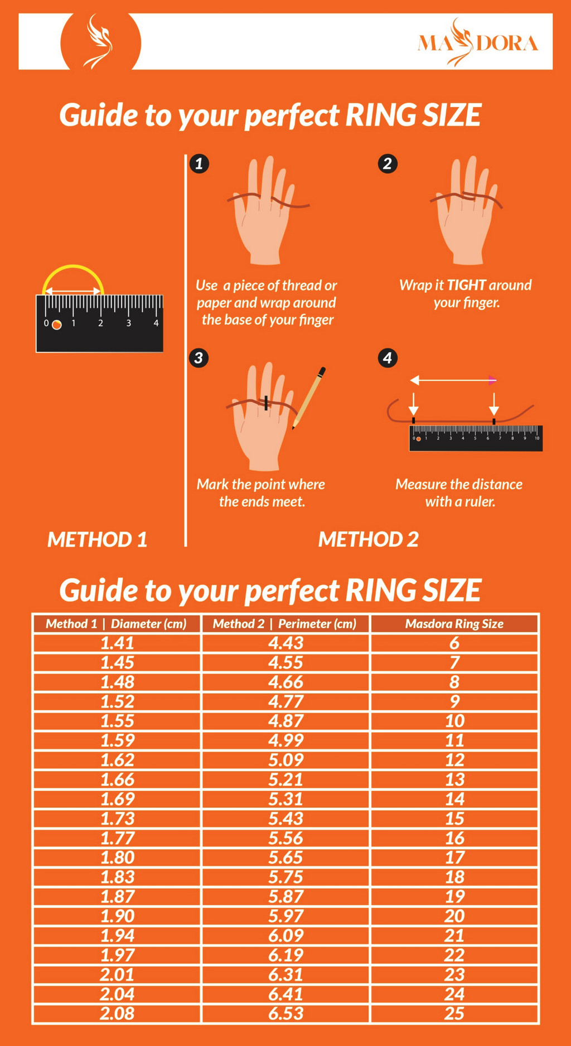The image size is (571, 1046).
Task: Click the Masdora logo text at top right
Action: point(478,42)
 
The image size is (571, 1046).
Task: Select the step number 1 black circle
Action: point(199,164)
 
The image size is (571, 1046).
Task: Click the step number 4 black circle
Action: point(388,357)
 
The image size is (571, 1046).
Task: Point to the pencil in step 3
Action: point(308,398)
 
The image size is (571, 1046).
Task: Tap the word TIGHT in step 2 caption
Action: point(467,285)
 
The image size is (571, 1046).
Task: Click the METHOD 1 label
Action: point(97,539)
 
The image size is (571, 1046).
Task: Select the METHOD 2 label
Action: point(368,539)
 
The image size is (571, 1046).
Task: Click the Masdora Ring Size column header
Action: point(454,624)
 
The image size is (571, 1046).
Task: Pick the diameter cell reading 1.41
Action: point(117,643)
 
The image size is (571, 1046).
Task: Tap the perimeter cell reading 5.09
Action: point(285,760)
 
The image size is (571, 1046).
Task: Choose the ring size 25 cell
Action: point(454,1013)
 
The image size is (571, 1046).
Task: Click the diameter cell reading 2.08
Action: point(117,1013)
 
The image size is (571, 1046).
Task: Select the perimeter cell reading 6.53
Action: point(285,1013)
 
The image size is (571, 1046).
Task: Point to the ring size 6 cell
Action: point(454,643)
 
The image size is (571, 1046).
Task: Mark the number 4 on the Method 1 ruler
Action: point(156,323)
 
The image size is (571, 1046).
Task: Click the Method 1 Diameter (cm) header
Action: point(116,624)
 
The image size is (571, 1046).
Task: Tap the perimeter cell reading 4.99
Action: point(285,740)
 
